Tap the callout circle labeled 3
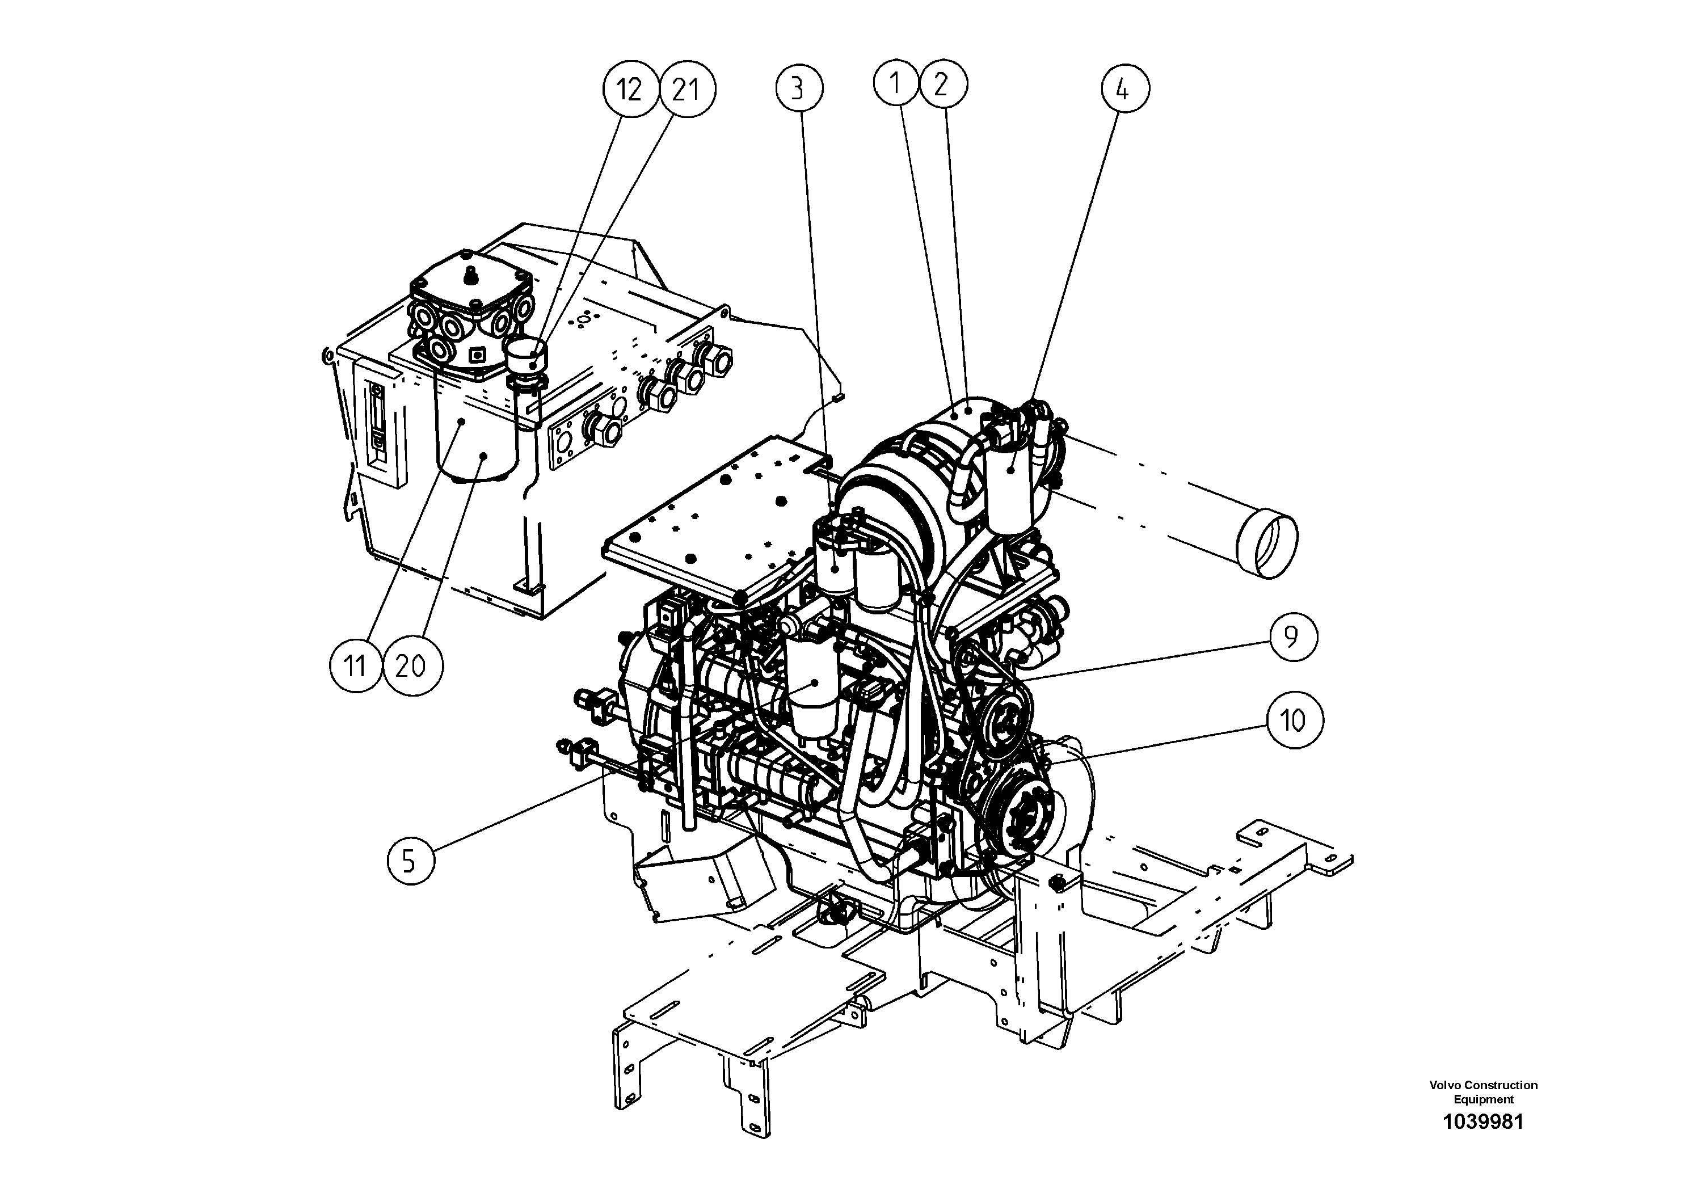799,89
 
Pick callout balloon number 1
896,84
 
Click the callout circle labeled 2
941,85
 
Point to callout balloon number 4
1125,89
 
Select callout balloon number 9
1292,636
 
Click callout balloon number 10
1293,721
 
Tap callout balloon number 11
355,665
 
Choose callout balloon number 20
411,665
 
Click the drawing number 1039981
1483,1143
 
